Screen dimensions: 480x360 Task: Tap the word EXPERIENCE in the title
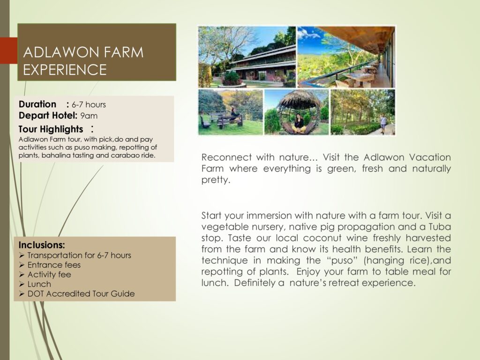(x=65, y=69)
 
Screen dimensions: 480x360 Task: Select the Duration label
(x=37, y=104)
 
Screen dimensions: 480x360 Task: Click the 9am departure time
(x=89, y=116)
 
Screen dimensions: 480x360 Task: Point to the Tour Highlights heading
(x=51, y=129)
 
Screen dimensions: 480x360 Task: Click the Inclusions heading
(x=42, y=245)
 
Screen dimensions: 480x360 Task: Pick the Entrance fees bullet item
(x=54, y=265)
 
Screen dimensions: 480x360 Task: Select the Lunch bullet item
(x=39, y=284)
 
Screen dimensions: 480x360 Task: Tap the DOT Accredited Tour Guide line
(x=81, y=293)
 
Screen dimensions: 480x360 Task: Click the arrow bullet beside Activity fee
(x=22, y=274)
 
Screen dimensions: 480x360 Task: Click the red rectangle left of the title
(x=8, y=51)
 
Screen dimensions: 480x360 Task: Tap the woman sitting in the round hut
(x=299, y=121)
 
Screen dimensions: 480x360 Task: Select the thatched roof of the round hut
(x=297, y=99)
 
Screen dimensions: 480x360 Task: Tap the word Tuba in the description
(x=440, y=227)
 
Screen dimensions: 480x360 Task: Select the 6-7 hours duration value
(x=89, y=105)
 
